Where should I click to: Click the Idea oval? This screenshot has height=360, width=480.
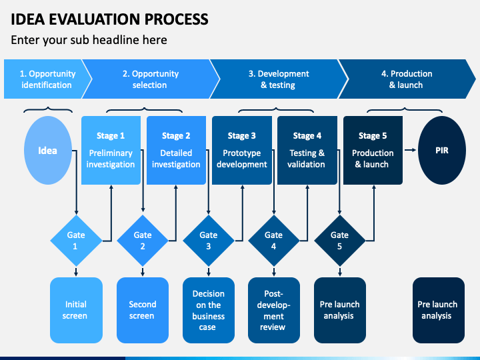point(48,150)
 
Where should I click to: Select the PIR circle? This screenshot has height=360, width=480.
point(442,150)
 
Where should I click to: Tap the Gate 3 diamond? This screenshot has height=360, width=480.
point(209,241)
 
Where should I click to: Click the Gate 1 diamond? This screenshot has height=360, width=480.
point(76,241)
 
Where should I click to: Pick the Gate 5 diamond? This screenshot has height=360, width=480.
point(339,241)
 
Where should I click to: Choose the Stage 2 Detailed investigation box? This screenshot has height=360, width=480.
point(176,150)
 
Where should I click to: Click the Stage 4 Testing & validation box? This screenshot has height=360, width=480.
point(307,150)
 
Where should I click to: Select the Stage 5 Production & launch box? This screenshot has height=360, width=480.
point(373,150)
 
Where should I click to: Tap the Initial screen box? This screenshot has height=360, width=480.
point(76,310)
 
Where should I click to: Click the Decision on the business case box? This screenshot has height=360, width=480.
point(209,310)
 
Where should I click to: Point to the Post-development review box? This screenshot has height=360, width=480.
point(274,310)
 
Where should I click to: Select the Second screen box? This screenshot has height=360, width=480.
point(143,310)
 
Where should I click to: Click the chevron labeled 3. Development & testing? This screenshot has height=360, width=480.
point(279,79)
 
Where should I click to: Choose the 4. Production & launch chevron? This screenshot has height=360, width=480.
point(407,79)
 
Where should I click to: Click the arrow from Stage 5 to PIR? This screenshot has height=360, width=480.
point(410,150)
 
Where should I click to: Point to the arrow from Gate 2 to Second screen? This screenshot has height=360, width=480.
point(143,272)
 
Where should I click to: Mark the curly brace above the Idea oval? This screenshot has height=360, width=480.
point(48,110)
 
